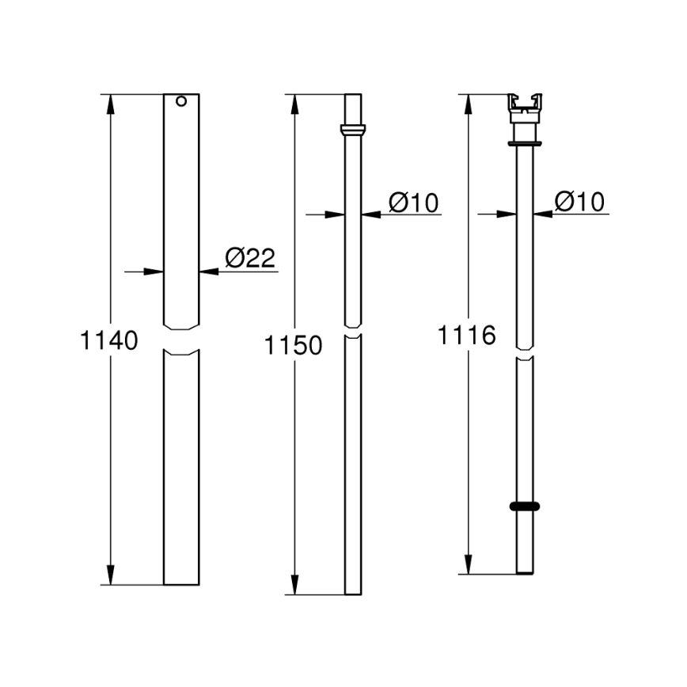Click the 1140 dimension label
(109, 341)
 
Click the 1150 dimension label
(294, 346)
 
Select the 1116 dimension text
(467, 335)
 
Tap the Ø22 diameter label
(249, 258)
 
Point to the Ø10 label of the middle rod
(413, 203)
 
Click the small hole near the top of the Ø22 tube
(181, 102)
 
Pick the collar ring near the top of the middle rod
(353, 130)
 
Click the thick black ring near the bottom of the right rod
(525, 506)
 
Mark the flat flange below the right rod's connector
(525, 143)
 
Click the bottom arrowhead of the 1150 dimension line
(296, 586)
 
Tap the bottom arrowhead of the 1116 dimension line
(469, 565)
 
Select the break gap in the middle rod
(353, 332)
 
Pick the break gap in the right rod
(525, 353)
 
